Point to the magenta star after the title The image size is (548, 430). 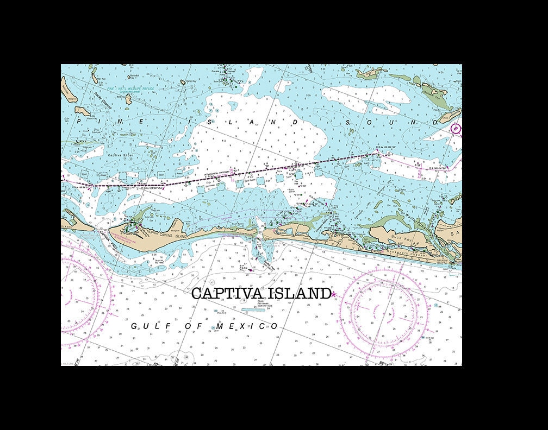click(334, 294)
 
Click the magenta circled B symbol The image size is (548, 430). click(456, 129)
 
